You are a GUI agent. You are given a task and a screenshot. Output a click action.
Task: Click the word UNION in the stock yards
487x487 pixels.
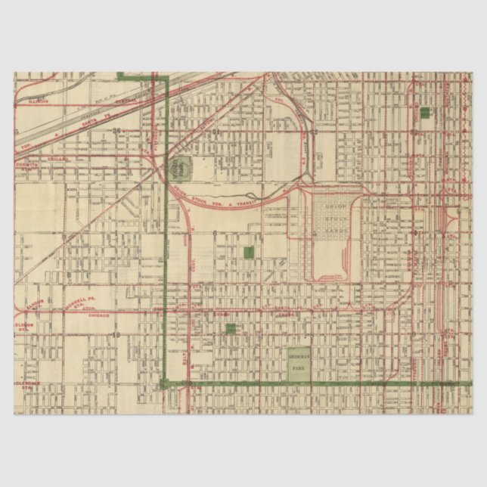[333, 205]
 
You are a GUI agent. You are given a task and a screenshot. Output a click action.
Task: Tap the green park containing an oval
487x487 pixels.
[181, 167]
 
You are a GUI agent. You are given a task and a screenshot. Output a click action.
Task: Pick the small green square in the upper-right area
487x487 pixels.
[424, 112]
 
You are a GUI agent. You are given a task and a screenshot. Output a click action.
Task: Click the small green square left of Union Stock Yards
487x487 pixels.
[249, 253]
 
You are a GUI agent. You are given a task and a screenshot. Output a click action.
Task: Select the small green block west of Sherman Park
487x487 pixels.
[231, 328]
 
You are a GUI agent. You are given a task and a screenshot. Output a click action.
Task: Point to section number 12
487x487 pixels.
[116, 333]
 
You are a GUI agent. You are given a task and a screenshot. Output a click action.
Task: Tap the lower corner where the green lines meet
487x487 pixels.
[165, 383]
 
